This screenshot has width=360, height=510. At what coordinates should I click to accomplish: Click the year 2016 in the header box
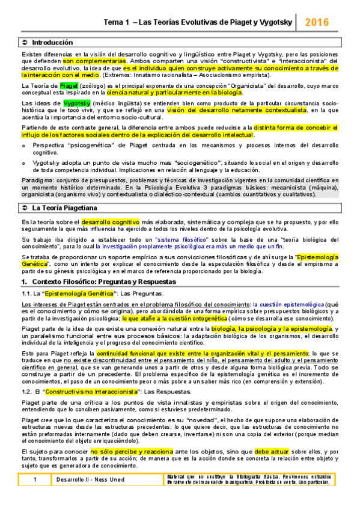point(317,23)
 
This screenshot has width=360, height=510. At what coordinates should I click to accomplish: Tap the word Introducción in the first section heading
point(52,43)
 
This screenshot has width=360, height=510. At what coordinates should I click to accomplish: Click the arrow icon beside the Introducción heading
point(24,43)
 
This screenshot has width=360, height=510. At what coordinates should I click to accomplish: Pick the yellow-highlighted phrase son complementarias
point(94,61)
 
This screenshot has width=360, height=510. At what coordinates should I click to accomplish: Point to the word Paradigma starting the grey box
point(37,164)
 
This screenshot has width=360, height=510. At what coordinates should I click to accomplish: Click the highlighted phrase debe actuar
point(271,451)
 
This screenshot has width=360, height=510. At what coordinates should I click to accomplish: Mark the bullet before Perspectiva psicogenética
point(23,146)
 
